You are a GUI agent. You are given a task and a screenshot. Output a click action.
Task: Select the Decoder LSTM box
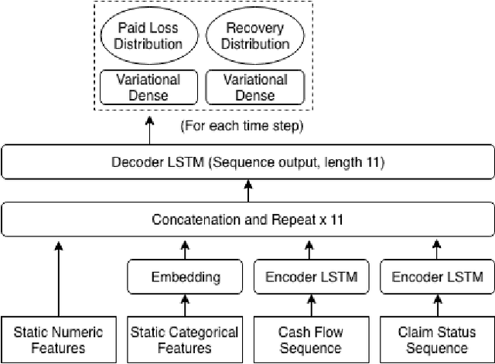tap(247, 163)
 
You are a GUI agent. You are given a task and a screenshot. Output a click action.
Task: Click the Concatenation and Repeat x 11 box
tap(247, 219)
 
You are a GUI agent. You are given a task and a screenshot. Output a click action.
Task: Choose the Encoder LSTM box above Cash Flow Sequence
tap(310, 277)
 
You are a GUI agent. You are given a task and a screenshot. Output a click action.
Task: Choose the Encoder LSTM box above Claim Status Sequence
tap(436, 277)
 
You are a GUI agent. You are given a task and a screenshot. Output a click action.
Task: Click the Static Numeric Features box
tap(58, 340)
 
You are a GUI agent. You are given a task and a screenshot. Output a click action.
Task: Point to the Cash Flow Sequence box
tap(310, 340)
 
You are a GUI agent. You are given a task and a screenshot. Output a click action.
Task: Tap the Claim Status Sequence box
tap(436, 340)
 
